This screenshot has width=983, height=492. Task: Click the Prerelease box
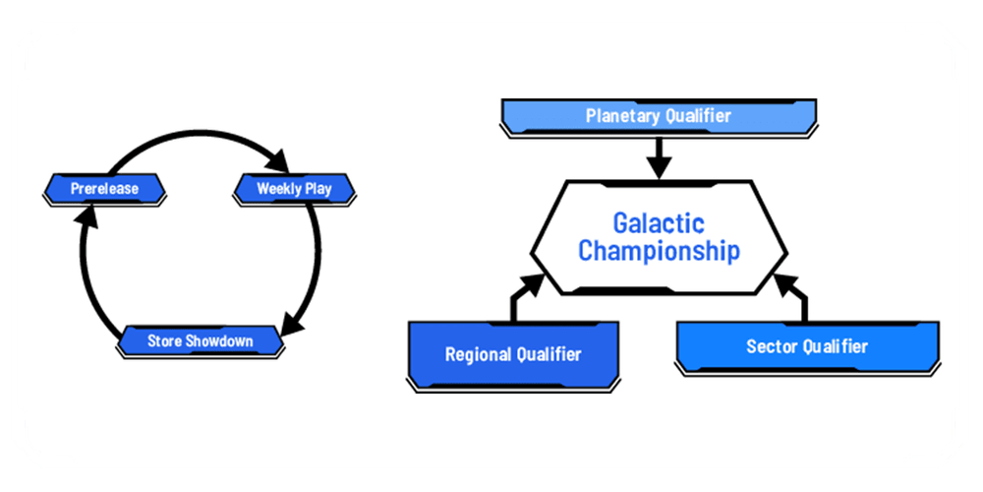104,188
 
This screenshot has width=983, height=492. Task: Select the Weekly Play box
294,188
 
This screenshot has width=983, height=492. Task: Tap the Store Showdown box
200,341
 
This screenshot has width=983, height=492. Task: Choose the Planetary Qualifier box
658,116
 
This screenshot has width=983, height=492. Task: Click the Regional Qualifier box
512,354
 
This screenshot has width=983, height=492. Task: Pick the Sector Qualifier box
807,346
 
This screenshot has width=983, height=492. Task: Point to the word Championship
659,251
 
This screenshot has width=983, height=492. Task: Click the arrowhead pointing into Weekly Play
278,161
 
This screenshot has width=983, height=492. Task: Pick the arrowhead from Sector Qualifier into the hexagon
785,286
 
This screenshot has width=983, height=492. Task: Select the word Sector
771,346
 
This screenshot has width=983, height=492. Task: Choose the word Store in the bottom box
164,341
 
